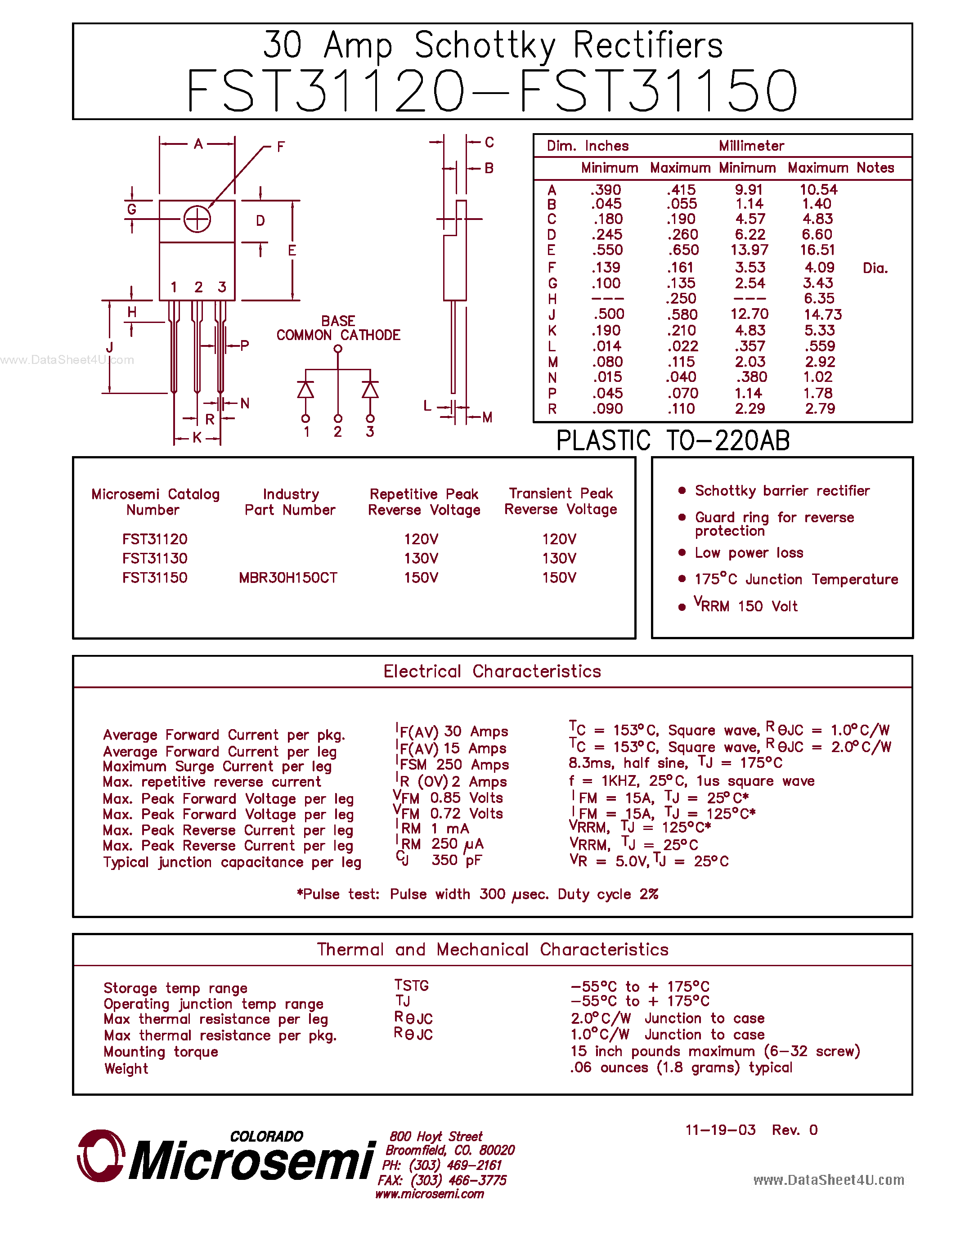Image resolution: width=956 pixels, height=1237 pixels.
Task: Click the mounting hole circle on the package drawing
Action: [197, 219]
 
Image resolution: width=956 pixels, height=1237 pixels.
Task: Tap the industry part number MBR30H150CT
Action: [288, 578]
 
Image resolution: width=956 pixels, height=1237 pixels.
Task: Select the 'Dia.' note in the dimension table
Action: [875, 268]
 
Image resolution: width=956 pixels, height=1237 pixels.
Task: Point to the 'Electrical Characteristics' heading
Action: [492, 671]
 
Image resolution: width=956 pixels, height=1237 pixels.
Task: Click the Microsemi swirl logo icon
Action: [100, 1156]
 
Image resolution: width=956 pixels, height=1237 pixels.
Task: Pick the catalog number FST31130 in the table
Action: [155, 559]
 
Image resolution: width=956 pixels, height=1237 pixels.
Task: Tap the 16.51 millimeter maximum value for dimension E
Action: [817, 250]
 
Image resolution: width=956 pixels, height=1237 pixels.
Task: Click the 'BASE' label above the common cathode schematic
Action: [338, 321]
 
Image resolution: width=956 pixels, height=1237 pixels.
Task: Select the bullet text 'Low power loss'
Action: [749, 553]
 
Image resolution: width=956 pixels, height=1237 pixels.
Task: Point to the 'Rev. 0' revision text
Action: [794, 1130]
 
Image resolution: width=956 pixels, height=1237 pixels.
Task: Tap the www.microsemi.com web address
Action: [429, 1194]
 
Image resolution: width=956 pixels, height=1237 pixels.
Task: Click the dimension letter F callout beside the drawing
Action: [280, 147]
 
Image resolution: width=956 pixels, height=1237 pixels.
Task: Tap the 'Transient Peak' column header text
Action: [561, 493]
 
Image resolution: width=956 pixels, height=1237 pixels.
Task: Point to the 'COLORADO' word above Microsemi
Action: [266, 1136]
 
